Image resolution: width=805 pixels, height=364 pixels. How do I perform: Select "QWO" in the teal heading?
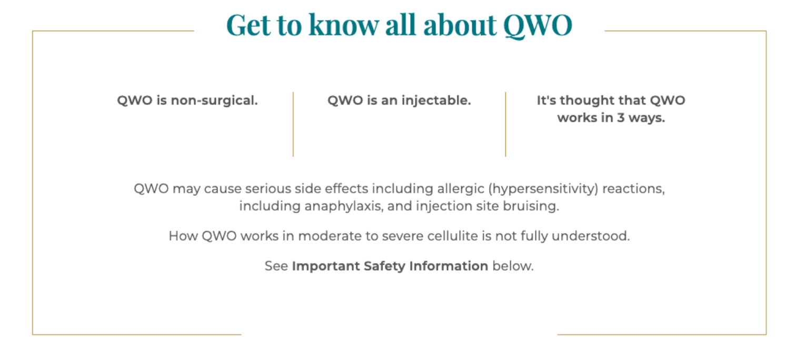pos(538,25)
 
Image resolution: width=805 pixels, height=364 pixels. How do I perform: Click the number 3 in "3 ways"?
pos(621,118)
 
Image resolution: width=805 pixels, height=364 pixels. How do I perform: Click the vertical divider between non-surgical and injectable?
pos(293,124)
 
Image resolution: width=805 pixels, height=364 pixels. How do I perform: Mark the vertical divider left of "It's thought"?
pos(505,124)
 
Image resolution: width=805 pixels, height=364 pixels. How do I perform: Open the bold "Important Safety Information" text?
pos(390,266)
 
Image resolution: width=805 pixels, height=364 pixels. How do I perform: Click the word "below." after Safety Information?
pos(513,266)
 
